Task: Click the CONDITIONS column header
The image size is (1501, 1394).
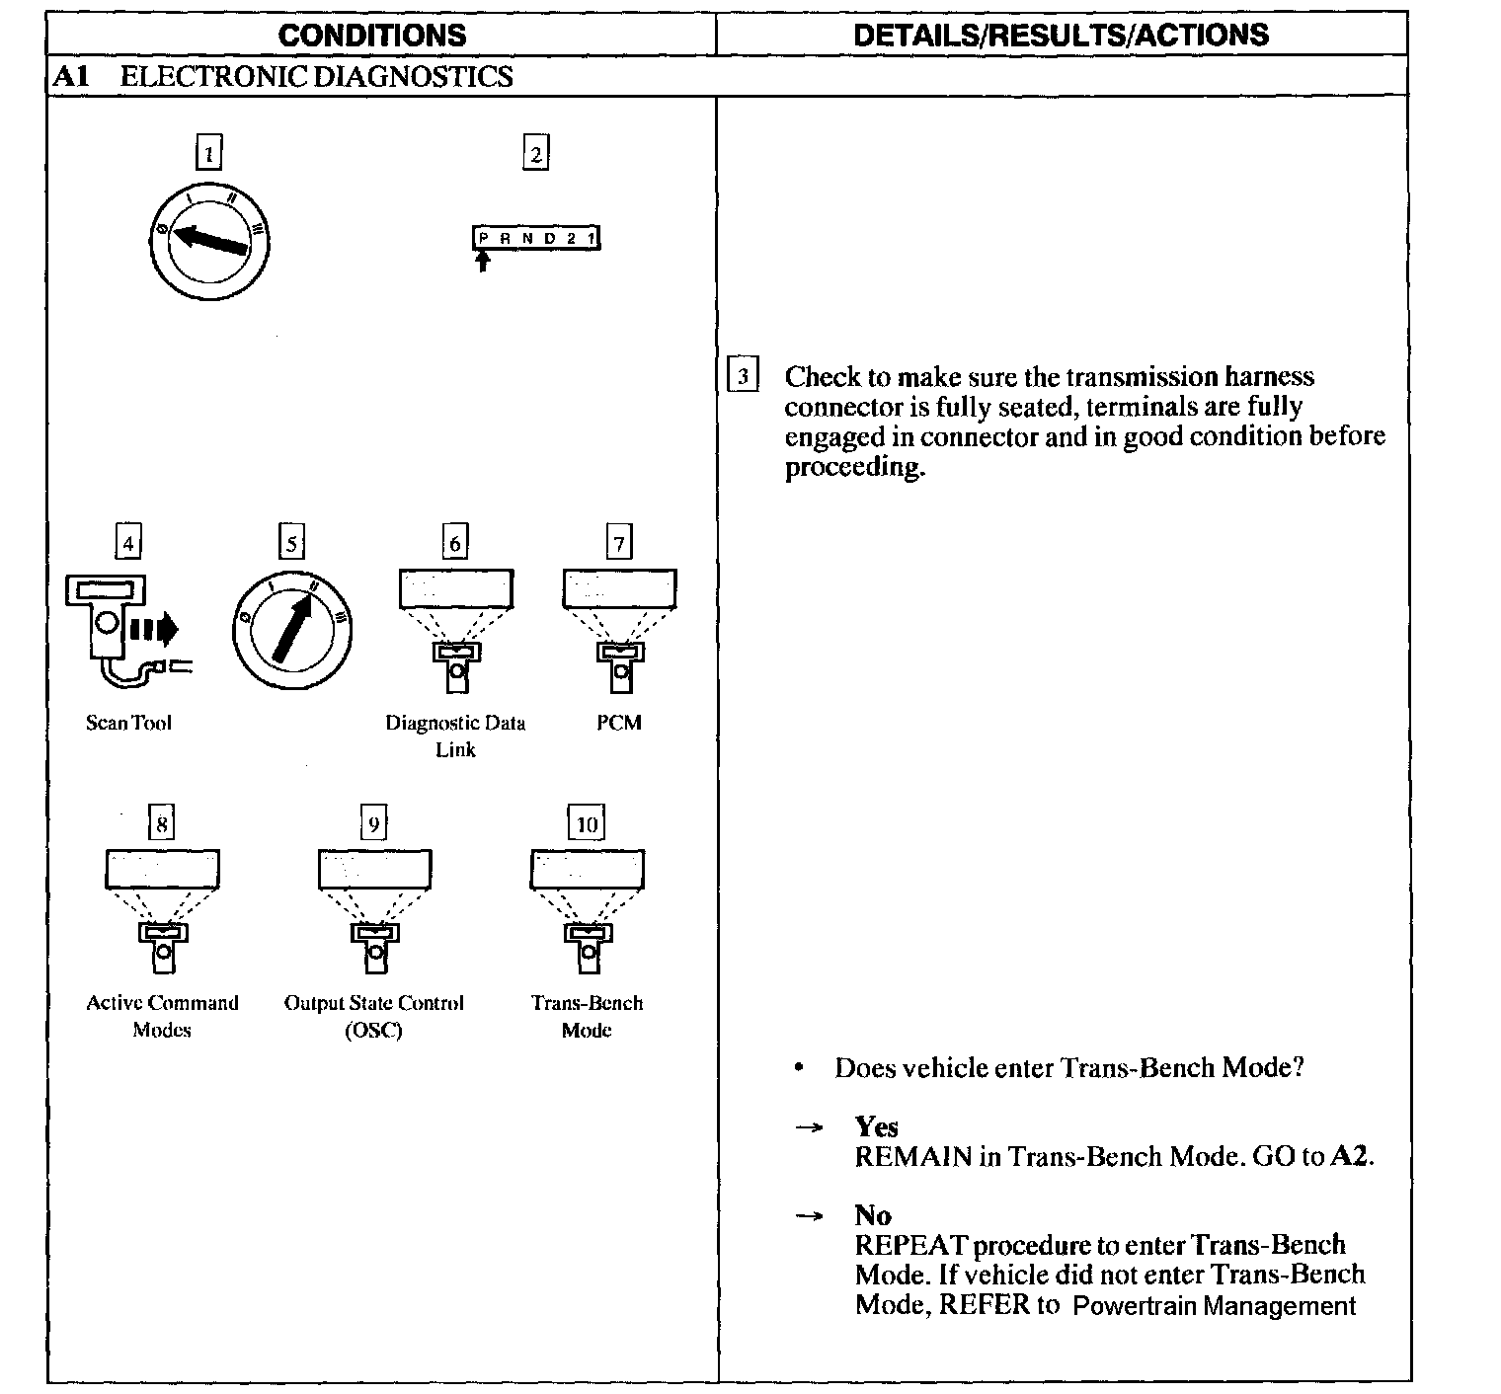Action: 371,36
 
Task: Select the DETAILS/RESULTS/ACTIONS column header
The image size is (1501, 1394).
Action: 1061,36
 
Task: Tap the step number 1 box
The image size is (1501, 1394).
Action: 208,154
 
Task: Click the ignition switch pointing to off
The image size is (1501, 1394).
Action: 209,240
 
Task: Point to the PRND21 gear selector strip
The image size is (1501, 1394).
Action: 536,238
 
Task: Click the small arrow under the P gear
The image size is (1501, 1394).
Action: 482,261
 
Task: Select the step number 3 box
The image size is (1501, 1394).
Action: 743,376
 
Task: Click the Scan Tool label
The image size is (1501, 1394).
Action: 128,723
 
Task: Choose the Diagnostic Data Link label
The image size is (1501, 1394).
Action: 455,736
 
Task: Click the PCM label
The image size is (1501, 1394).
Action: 619,723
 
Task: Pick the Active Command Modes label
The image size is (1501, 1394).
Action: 162,1016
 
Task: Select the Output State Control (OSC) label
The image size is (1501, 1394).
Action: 373,1016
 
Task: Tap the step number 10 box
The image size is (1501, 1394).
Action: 587,824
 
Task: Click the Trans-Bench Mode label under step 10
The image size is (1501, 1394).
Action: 587,1016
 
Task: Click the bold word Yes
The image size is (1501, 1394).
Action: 876,1127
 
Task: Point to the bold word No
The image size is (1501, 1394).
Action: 873,1215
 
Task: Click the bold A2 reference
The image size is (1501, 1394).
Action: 1350,1156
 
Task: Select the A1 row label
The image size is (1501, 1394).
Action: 71,77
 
